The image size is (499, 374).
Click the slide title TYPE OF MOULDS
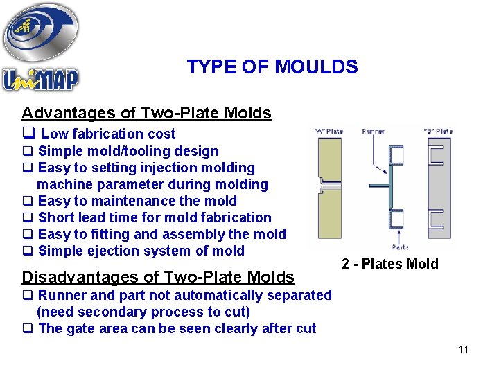272,67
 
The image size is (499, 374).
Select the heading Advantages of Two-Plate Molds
146,113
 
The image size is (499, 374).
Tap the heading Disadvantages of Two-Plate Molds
158,277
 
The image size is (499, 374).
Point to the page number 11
464,349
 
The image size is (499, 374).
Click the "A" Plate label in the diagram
329,131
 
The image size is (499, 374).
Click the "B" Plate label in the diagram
437,131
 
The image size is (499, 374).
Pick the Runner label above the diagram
374,131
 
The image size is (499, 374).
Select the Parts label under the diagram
399,246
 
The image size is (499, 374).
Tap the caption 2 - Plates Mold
390,264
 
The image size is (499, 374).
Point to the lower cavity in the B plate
436,220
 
